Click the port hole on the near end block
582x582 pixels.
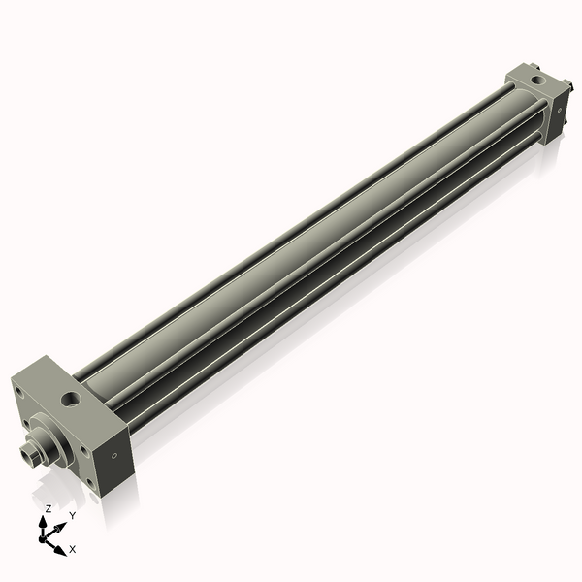coord(71,397)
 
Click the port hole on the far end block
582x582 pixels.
coord(536,78)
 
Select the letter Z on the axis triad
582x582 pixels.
coord(48,508)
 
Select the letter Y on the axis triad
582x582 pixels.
coord(72,515)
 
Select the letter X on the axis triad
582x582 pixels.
coord(73,549)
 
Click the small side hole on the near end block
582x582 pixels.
coord(115,455)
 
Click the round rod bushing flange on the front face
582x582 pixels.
coord(48,433)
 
